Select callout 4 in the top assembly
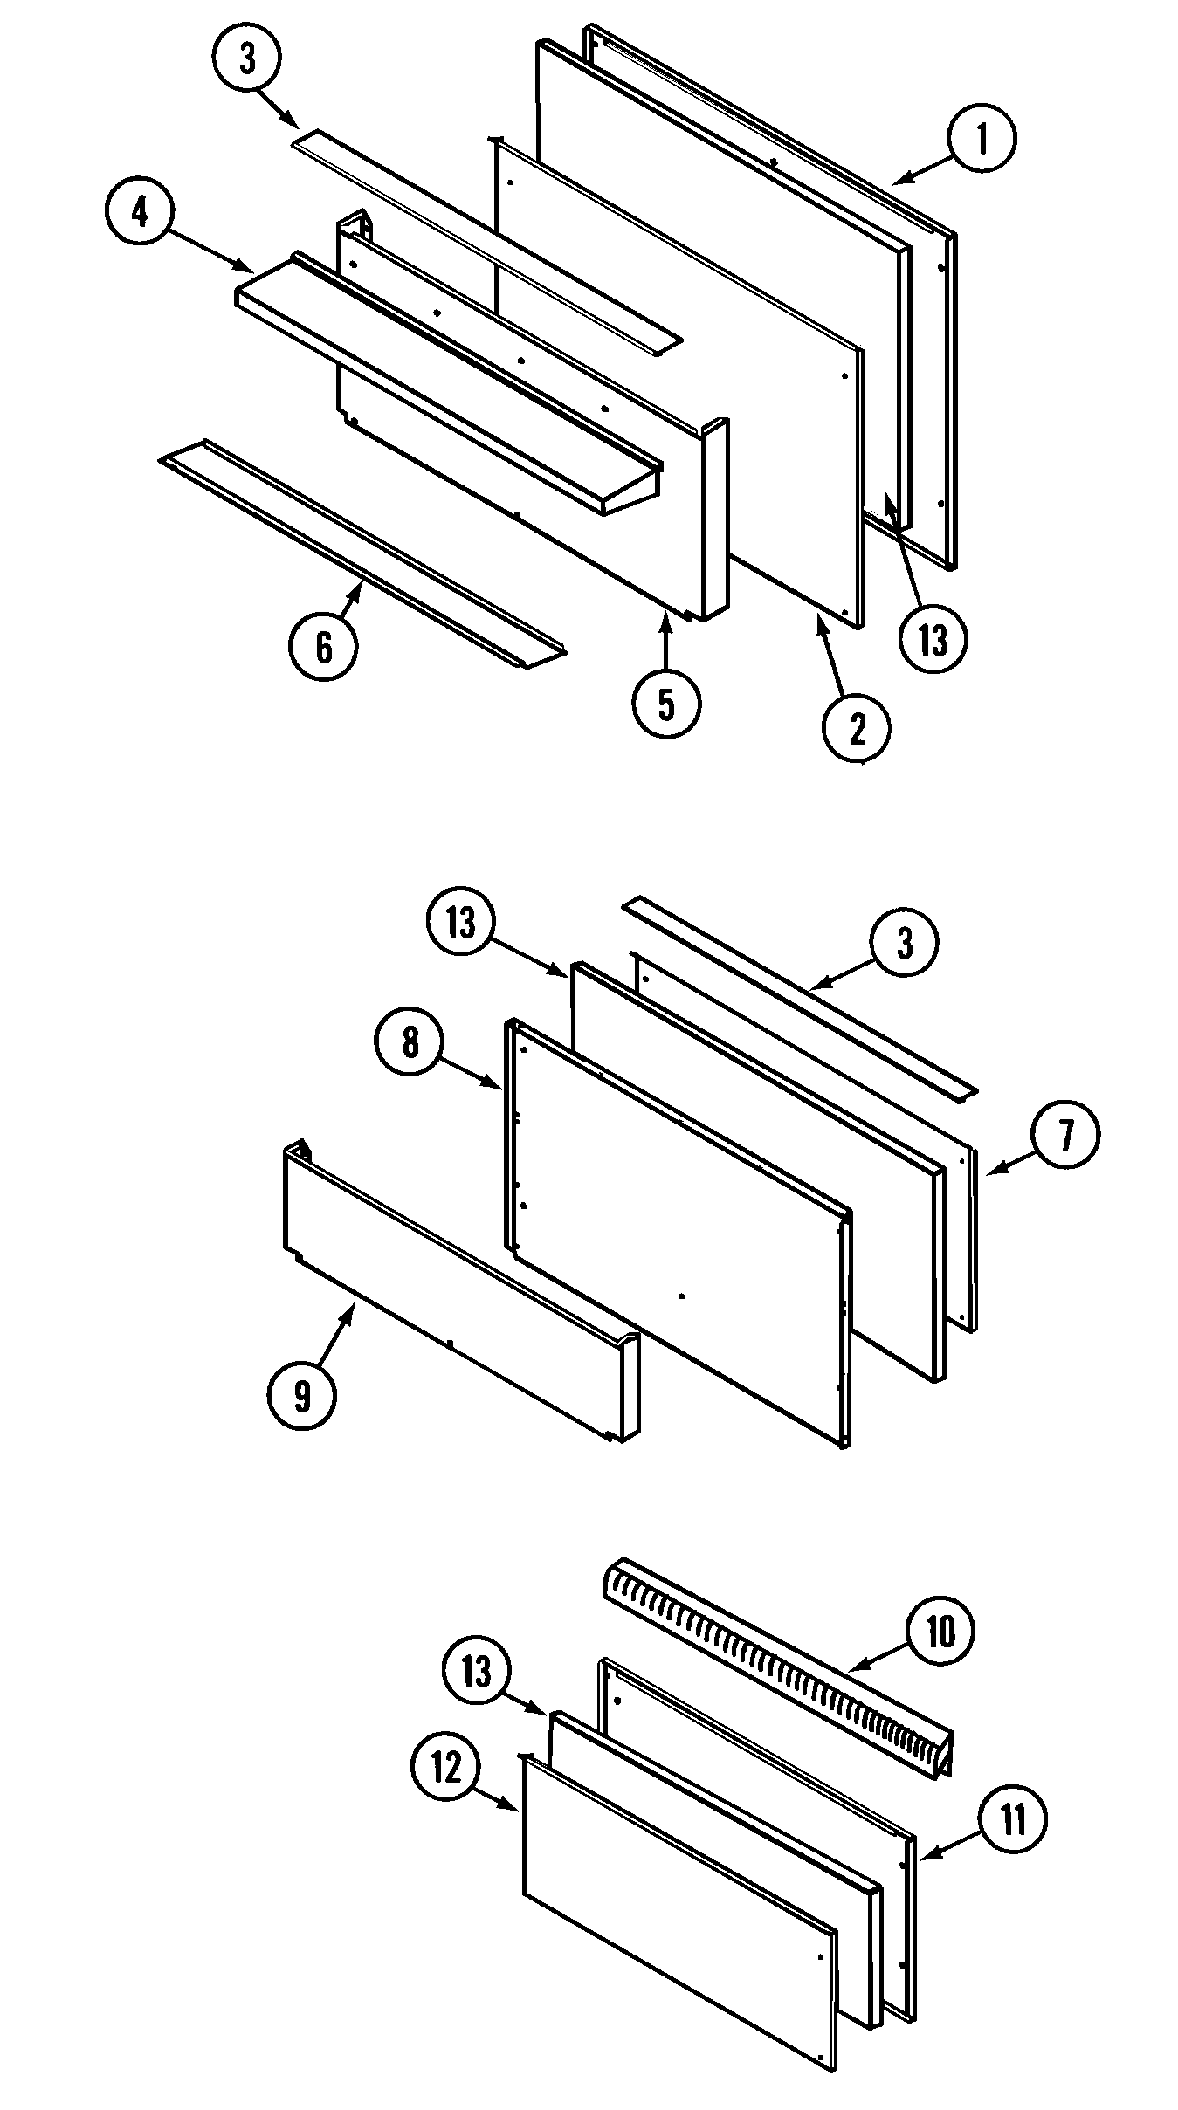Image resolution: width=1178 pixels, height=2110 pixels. (141, 214)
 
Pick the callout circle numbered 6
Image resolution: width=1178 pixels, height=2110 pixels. (323, 647)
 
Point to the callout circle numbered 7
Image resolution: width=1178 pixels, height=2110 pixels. (1064, 1135)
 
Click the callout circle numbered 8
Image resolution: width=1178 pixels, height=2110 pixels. (410, 1042)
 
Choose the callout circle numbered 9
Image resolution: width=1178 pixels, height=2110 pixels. (301, 1397)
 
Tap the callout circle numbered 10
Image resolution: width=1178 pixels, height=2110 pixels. (939, 1631)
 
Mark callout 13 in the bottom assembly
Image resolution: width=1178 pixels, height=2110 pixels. (477, 1672)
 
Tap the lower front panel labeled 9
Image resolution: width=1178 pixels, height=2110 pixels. (454, 1292)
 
